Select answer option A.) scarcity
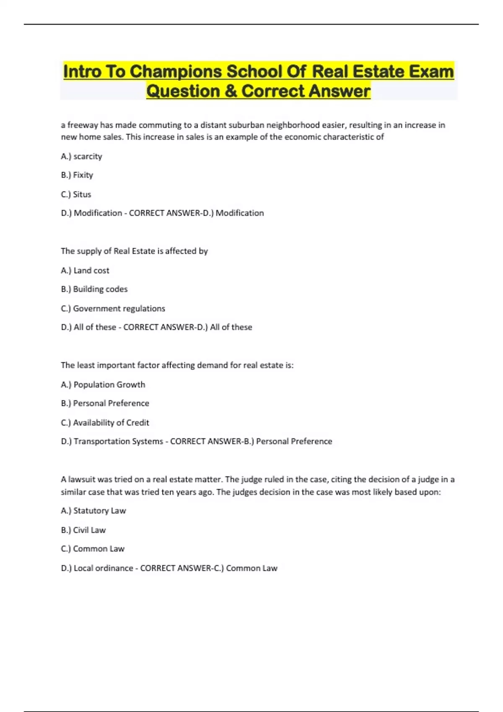[x=81, y=156]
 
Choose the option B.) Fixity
[x=77, y=175]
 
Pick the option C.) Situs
[x=76, y=194]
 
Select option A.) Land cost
[x=85, y=271]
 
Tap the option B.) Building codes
[x=94, y=289]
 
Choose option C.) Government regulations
[x=113, y=309]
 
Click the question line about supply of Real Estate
[x=134, y=251]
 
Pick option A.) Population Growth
[x=103, y=384]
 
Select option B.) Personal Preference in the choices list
[x=105, y=403]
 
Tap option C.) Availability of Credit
[x=105, y=423]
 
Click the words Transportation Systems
[x=118, y=441]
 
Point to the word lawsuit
[x=81, y=480]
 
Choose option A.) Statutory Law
[x=93, y=511]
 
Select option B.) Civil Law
[x=83, y=530]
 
